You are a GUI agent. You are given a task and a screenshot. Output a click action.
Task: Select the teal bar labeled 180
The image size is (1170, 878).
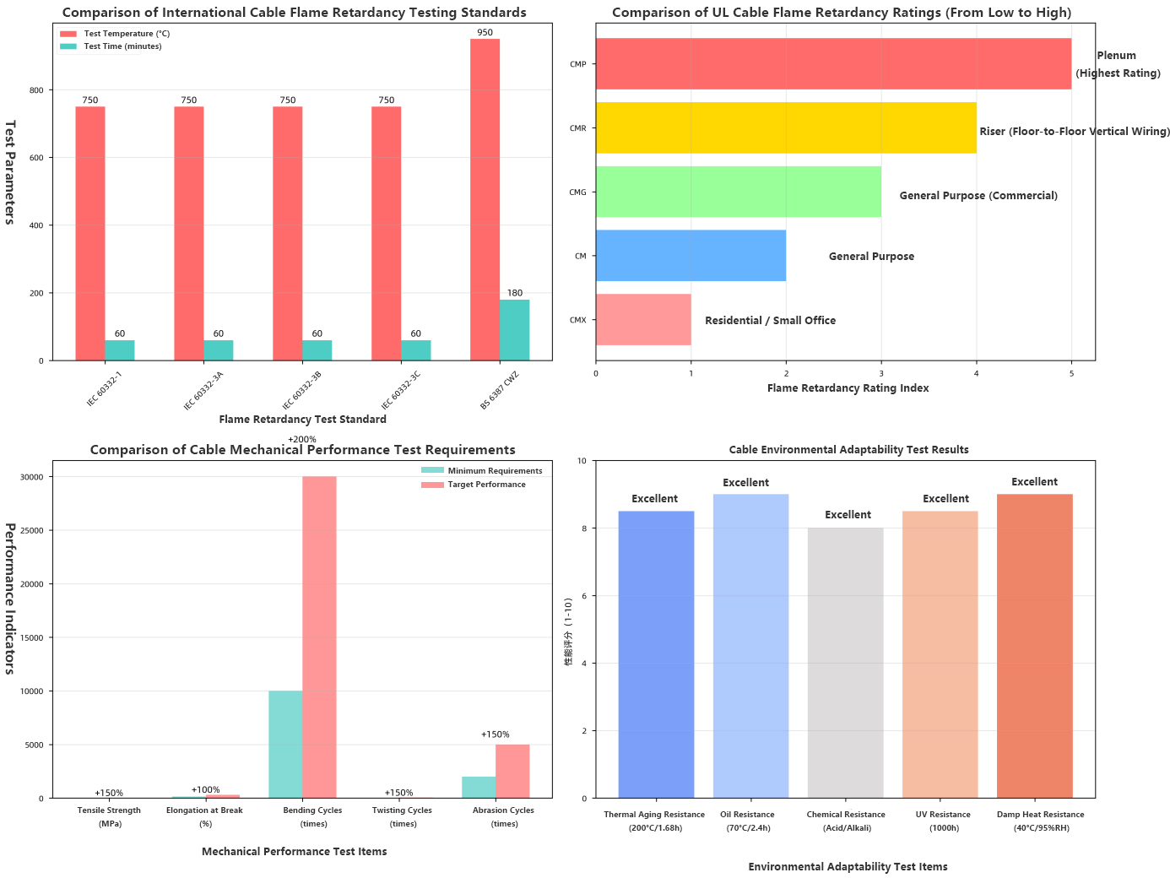pyautogui.click(x=514, y=330)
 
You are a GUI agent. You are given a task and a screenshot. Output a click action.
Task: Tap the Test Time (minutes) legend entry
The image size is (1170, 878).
pyautogui.click(x=122, y=46)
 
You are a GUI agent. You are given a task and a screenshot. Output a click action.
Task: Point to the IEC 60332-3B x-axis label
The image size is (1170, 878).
pyautogui.click(x=301, y=389)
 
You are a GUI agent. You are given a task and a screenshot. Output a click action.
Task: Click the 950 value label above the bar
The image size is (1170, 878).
pyautogui.click(x=485, y=33)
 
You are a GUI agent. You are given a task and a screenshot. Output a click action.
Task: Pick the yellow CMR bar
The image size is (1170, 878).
pyautogui.click(x=786, y=127)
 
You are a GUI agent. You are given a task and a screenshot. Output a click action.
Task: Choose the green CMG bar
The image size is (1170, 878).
pyautogui.click(x=739, y=192)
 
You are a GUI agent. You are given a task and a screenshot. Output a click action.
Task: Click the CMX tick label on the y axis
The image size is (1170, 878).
pyautogui.click(x=577, y=320)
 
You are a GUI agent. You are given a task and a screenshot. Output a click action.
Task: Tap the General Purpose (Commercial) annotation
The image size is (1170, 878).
pyautogui.click(x=978, y=196)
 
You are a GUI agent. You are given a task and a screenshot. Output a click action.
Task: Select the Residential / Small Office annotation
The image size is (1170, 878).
pyautogui.click(x=770, y=321)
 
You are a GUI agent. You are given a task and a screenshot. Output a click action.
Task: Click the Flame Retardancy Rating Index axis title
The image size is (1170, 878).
pyautogui.click(x=848, y=388)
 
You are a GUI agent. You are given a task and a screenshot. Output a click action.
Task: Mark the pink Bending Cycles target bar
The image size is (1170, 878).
pyautogui.click(x=319, y=637)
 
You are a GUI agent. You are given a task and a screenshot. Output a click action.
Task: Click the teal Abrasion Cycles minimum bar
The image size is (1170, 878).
pyautogui.click(x=479, y=787)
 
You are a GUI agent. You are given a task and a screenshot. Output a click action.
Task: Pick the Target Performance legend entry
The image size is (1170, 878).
pyautogui.click(x=486, y=485)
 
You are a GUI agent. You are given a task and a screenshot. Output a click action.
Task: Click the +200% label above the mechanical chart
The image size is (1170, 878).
pyautogui.click(x=301, y=440)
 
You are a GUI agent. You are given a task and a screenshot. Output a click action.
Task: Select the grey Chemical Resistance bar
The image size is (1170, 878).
pyautogui.click(x=845, y=663)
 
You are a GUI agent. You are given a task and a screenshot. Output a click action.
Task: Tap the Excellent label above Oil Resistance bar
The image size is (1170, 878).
pyautogui.click(x=745, y=483)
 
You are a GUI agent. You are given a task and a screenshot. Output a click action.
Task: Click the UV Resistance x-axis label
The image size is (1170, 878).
pyautogui.click(x=943, y=815)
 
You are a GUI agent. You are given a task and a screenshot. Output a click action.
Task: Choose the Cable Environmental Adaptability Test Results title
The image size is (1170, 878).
pyautogui.click(x=848, y=450)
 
